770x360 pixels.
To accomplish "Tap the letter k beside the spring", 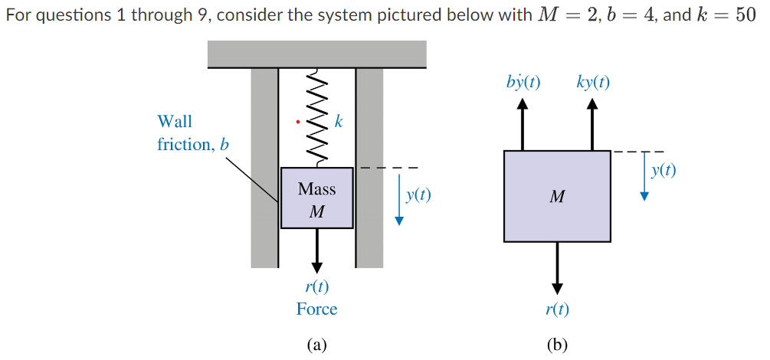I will (339, 121).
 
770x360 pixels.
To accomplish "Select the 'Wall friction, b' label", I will (192, 133).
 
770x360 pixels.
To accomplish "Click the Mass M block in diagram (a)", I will (317, 198).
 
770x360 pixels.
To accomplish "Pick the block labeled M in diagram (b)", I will (557, 197).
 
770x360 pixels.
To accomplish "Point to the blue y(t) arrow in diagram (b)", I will (644, 176).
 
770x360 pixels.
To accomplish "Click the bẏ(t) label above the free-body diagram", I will (523, 82).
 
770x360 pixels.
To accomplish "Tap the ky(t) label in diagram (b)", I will (593, 82).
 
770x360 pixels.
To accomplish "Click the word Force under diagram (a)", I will (316, 309).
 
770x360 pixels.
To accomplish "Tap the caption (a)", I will (316, 345).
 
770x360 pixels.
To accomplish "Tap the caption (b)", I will (557, 345).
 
